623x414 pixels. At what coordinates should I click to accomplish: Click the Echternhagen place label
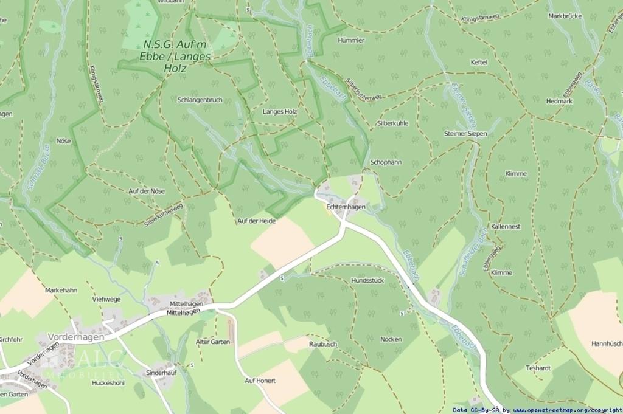tap(346, 207)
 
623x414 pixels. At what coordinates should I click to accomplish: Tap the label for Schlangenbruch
tap(200, 99)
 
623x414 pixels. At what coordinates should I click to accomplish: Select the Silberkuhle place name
tap(392, 123)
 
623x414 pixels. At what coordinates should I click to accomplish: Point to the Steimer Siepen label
tap(465, 133)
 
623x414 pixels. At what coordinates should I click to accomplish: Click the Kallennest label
tap(506, 226)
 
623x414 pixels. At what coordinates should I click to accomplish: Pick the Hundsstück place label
tap(367, 280)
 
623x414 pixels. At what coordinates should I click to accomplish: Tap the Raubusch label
tap(322, 343)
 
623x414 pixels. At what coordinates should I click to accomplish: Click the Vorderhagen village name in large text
tap(76, 336)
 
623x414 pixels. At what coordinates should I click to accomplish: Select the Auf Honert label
tap(260, 381)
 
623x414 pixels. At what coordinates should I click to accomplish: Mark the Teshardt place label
tap(538, 368)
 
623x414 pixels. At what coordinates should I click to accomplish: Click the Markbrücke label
tap(565, 16)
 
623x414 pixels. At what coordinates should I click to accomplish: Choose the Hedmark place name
tap(559, 101)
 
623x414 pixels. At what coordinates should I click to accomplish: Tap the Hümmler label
tap(351, 40)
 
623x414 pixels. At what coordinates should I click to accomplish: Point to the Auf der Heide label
tap(256, 221)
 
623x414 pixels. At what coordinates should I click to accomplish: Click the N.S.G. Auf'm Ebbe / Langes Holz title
tap(175, 57)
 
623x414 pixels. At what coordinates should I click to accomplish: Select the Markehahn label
tap(61, 290)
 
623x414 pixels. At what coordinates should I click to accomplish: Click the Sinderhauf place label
tap(161, 373)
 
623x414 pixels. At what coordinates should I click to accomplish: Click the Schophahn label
tap(386, 162)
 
